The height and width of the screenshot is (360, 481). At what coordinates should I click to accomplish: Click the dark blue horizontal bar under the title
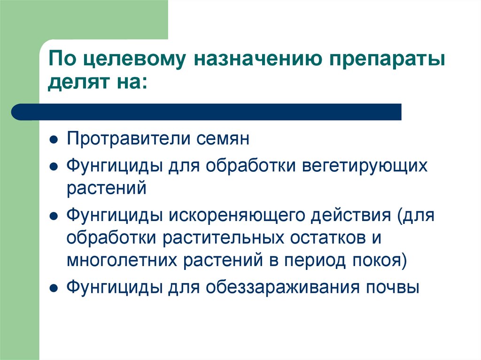coord(207,112)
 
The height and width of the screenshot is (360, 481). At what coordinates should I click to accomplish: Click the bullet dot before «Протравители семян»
coord(54,141)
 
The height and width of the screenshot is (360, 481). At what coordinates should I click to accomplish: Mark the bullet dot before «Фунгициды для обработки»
coord(54,167)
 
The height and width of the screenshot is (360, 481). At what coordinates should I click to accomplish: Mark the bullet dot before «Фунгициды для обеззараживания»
coord(54,287)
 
